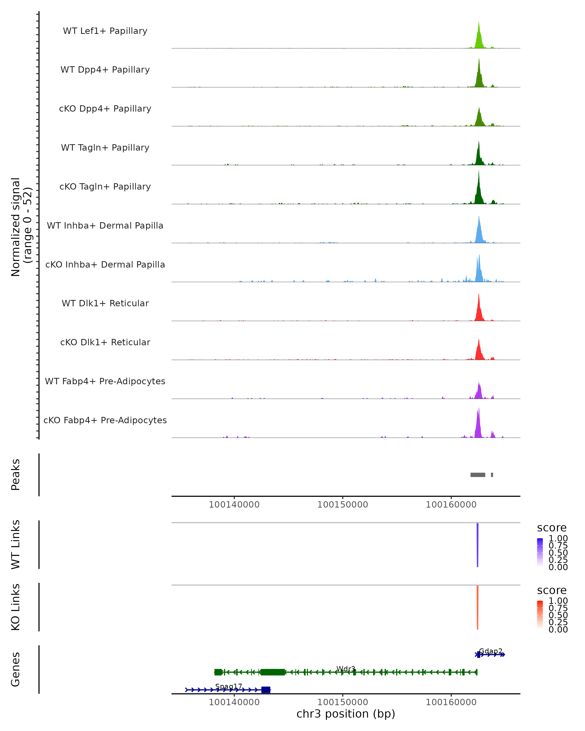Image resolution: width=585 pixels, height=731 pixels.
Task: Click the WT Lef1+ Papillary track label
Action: [x=105, y=31]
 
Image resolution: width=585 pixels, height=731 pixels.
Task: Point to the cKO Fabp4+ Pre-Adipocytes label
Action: [x=105, y=420]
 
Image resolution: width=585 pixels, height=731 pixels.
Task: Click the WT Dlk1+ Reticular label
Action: [x=105, y=303]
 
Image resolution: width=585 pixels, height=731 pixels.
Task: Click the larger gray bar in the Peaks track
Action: [x=478, y=475]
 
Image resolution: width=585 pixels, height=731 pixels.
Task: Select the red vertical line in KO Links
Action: [x=478, y=607]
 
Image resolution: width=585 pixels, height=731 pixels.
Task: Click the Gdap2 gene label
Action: [x=490, y=651]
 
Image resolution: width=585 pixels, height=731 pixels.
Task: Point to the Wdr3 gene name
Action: [x=346, y=669]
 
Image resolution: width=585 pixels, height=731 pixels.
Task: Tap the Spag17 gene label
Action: [x=229, y=686]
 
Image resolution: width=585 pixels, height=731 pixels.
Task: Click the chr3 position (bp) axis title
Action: [x=346, y=714]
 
